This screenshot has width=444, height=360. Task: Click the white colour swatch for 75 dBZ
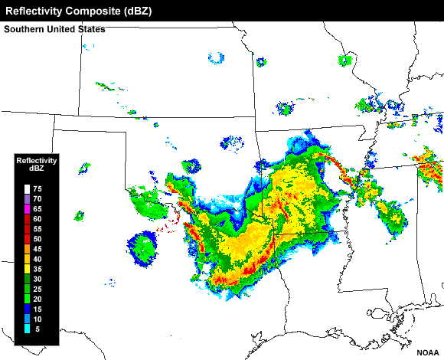click(x=28, y=188)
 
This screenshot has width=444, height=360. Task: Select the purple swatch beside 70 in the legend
click(x=28, y=198)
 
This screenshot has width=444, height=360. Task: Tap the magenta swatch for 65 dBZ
click(x=28, y=208)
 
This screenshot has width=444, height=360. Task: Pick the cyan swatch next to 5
click(x=28, y=329)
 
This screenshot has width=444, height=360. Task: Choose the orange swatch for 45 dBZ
click(x=28, y=248)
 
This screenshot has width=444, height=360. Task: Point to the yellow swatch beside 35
click(x=28, y=268)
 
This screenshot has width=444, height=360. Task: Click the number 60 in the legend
click(x=38, y=218)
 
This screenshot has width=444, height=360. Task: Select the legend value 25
click(x=38, y=288)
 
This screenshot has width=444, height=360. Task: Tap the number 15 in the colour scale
click(x=38, y=308)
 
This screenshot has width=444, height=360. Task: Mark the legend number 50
click(x=38, y=238)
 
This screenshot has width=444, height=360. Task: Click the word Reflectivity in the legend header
click(x=37, y=160)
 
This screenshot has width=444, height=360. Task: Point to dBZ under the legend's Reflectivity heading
click(x=37, y=169)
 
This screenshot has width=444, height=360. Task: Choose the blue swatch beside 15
click(x=28, y=308)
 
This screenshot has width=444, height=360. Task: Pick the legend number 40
click(x=38, y=258)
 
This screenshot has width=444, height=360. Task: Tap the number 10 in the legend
click(x=38, y=318)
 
